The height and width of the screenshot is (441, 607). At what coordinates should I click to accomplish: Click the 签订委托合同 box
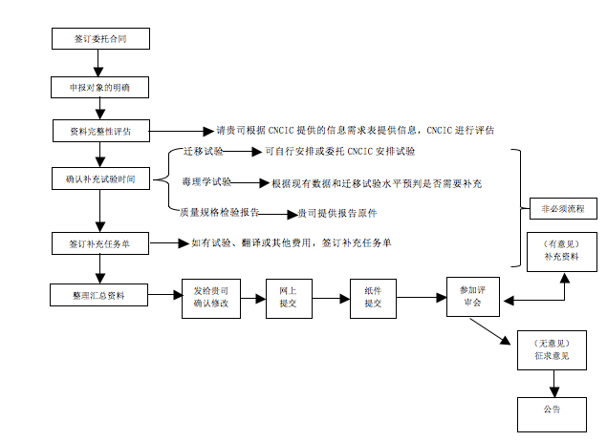click(100, 40)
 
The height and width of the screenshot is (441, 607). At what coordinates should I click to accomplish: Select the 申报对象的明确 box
click(100, 87)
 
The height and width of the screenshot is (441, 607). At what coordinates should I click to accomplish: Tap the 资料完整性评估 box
click(100, 131)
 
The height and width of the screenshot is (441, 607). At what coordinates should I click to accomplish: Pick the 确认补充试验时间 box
click(100, 178)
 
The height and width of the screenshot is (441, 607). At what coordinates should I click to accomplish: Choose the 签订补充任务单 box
click(100, 243)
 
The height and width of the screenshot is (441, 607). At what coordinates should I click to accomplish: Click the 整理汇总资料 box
click(100, 295)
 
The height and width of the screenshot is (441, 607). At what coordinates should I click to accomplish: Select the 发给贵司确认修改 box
click(210, 296)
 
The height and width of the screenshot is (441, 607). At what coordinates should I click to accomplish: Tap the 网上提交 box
click(288, 296)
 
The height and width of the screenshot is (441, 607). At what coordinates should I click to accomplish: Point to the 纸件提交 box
click(373, 296)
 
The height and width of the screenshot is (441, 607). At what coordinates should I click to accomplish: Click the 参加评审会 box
click(474, 296)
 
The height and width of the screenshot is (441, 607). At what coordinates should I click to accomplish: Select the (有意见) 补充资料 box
click(562, 251)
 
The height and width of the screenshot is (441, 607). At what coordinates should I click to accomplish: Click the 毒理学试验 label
click(206, 181)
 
